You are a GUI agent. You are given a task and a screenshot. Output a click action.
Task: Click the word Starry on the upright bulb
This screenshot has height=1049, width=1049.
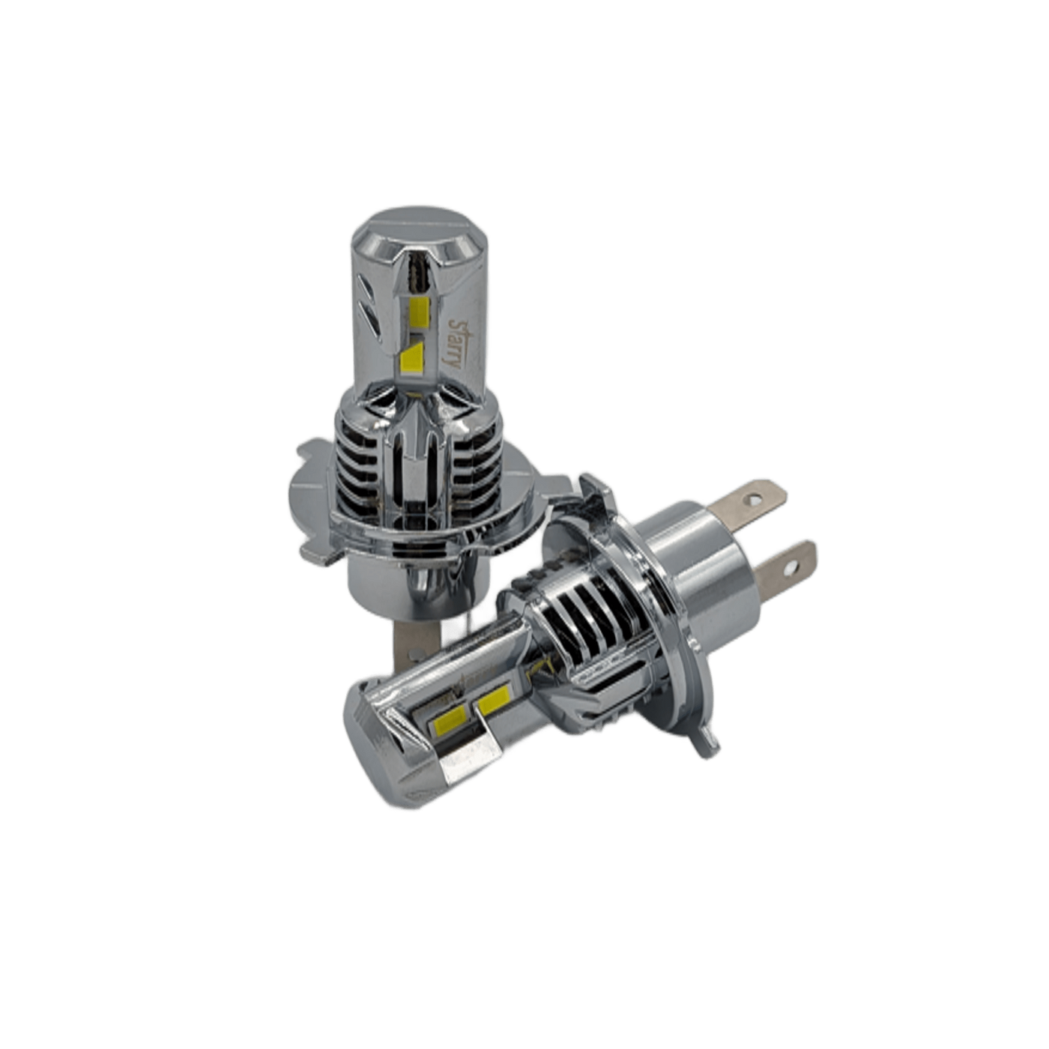point(455,343)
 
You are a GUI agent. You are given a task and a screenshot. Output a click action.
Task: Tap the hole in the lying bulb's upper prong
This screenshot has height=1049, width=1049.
point(755,498)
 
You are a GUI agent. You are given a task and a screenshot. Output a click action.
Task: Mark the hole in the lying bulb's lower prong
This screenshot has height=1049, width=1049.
point(790,568)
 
